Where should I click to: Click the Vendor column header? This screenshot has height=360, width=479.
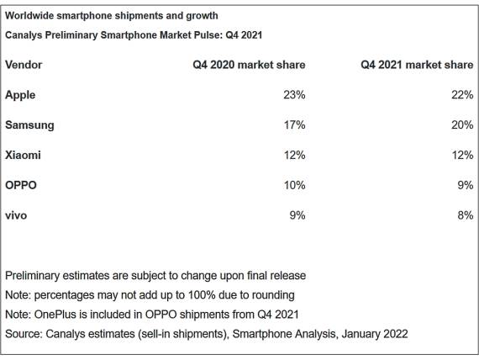pyautogui.click(x=24, y=65)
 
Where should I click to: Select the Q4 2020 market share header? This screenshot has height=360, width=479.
pyautogui.click(x=249, y=65)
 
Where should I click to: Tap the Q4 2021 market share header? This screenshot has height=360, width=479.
pyautogui.click(x=417, y=65)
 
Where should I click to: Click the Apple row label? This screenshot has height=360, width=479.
pyautogui.click(x=20, y=95)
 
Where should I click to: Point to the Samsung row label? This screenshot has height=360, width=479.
pyautogui.click(x=29, y=125)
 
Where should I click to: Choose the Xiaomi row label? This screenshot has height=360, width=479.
pyautogui.click(x=23, y=156)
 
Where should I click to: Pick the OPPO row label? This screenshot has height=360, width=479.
pyautogui.click(x=21, y=185)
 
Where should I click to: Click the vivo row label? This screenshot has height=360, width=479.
pyautogui.click(x=16, y=215)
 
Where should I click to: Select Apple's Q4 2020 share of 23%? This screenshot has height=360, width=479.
pyautogui.click(x=294, y=95)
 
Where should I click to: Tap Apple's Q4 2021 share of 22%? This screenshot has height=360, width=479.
pyautogui.click(x=461, y=95)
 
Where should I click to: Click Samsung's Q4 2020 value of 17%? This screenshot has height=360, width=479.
pyautogui.click(x=294, y=125)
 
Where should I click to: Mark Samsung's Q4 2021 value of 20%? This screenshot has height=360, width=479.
pyautogui.click(x=461, y=125)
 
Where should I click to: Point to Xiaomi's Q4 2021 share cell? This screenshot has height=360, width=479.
pyautogui.click(x=461, y=156)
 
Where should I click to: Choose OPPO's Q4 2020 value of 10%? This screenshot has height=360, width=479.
pyautogui.click(x=294, y=185)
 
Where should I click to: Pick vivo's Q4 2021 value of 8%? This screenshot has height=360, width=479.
pyautogui.click(x=465, y=215)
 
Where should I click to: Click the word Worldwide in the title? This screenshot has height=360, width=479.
pyautogui.click(x=31, y=15)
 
